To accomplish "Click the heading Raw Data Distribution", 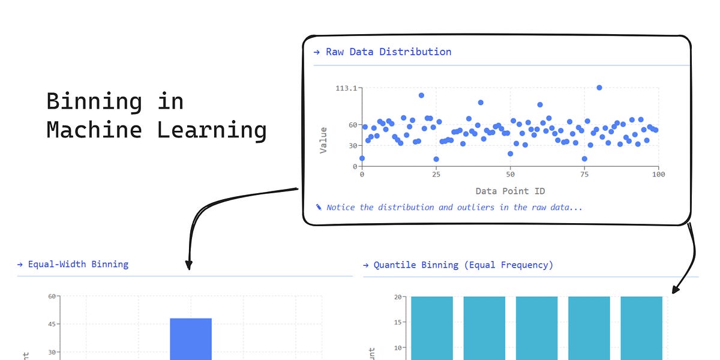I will pos(388,52).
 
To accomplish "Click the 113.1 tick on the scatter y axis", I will pos(347,88).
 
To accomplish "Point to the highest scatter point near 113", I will pos(599,88).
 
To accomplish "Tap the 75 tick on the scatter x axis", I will pos(584,175).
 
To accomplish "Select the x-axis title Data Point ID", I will pos(510,191).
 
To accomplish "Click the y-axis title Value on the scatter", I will pos(323,140).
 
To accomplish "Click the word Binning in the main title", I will pos(94,101).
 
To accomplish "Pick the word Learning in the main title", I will pos(212,130).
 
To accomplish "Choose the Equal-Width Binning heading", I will pos(78,264).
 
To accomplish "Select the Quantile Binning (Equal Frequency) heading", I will pos(463,265).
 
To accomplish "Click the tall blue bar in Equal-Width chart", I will pos(191,339).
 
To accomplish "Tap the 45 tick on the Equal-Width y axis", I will pos(52,324).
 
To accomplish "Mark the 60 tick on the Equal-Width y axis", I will pos(52,296).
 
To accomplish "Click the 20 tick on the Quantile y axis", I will pos(398,297).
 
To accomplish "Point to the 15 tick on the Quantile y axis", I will pos(398,322).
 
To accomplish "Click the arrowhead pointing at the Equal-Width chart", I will pos(189,265).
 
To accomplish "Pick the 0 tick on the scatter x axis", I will pos(362,175).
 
